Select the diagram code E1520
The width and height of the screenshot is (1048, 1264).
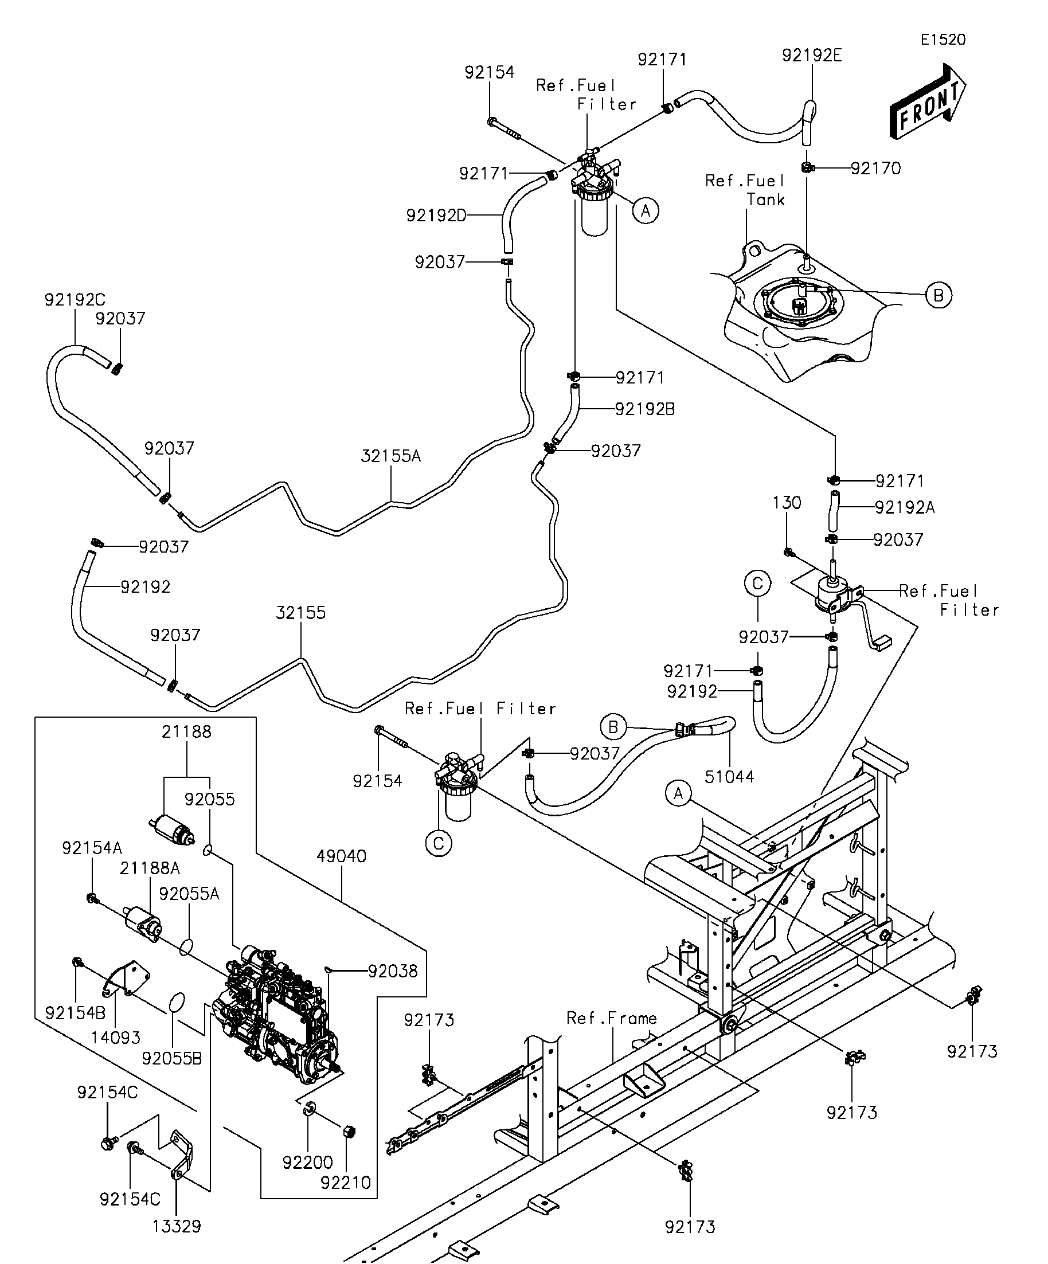coord(943,40)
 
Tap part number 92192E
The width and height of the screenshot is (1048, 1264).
coord(811,56)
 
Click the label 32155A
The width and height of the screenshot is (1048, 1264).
coord(390,456)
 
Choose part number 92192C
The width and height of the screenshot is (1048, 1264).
coord(75,300)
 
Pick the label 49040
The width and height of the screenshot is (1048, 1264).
coord(341,856)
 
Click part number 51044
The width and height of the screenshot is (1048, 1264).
coord(729,777)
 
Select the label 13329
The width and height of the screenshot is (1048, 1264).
coord(177,1226)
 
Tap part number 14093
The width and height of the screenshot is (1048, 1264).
coord(116,1038)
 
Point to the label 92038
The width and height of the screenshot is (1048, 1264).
coord(393,971)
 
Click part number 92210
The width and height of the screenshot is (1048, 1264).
coord(346,1183)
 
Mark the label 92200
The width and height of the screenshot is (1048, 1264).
coord(308,1163)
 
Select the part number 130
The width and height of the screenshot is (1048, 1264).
coord(787,503)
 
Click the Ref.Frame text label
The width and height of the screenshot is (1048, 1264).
coord(612,1019)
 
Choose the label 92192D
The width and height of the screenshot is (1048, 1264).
coord(436,216)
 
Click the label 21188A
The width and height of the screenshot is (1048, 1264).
coord(150,868)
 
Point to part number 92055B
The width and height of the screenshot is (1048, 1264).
coord(172,1058)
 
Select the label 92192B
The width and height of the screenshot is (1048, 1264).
coord(645,409)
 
